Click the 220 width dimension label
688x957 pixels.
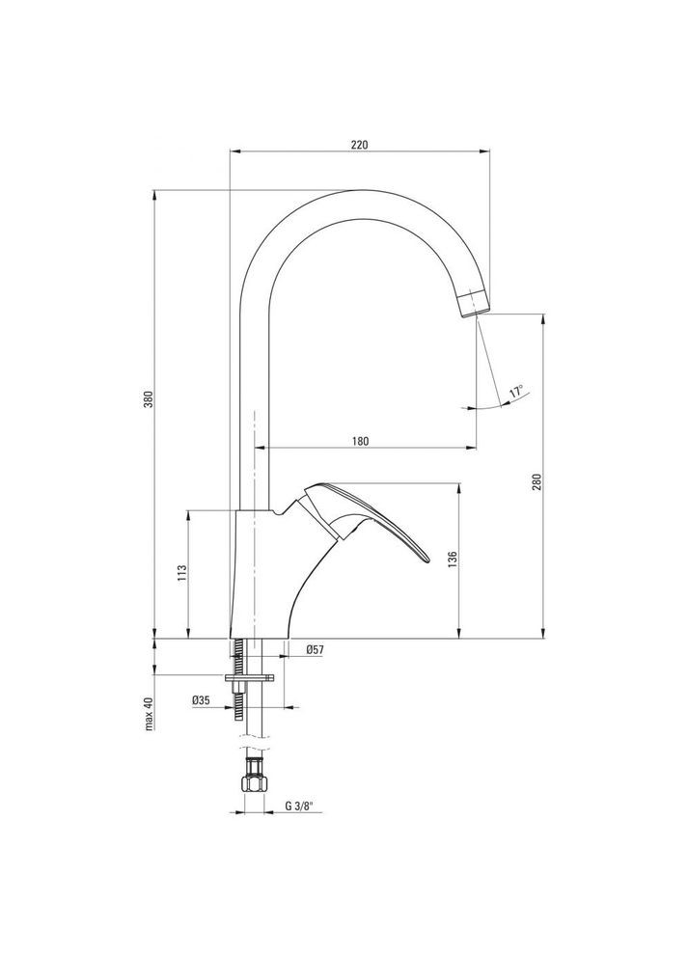click(359, 144)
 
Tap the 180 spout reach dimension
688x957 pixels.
click(359, 441)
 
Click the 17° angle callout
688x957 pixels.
click(517, 392)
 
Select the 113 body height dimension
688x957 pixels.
click(180, 574)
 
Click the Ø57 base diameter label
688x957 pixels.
click(314, 650)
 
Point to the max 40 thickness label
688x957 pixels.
click(150, 715)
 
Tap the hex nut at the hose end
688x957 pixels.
click(253, 778)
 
